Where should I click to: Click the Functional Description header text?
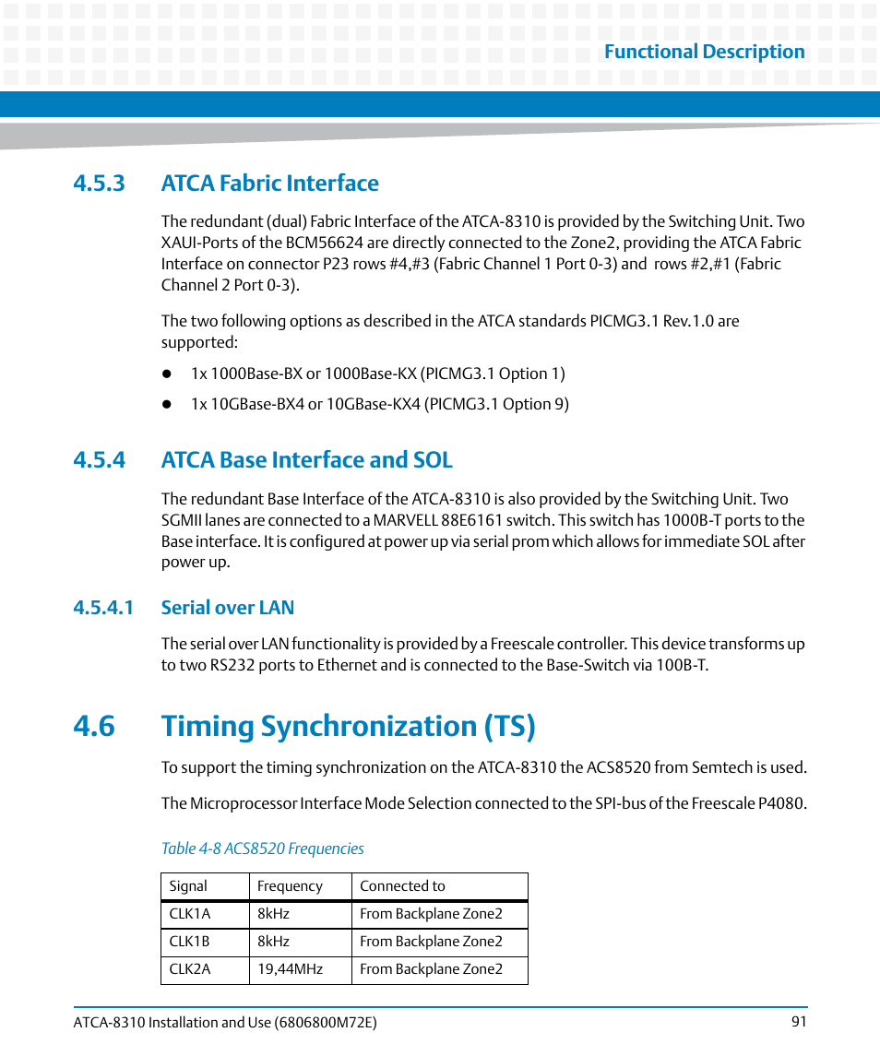(x=704, y=52)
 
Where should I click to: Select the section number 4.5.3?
(x=99, y=183)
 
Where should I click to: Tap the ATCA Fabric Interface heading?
(x=269, y=183)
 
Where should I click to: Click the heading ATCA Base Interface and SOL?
(x=306, y=459)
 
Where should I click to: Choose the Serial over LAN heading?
(x=227, y=607)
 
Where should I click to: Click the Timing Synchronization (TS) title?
(x=348, y=726)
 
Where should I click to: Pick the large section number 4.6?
(x=95, y=726)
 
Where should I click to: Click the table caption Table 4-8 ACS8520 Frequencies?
(x=262, y=848)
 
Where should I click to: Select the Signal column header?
(x=188, y=886)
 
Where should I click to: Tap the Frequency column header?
(x=290, y=886)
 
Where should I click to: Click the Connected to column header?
(x=402, y=886)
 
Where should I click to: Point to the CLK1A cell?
(x=190, y=914)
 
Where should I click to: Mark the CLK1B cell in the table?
(x=190, y=942)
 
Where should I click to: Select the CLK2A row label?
(x=190, y=969)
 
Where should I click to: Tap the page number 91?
(x=799, y=1022)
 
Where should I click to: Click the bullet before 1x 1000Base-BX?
(x=168, y=374)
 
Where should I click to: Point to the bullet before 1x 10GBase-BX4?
(x=168, y=405)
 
